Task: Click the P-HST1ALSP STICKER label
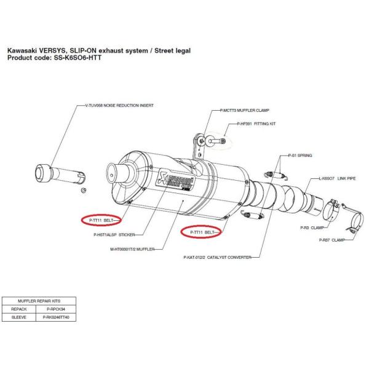click(114, 234)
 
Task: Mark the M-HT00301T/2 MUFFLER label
click(132, 249)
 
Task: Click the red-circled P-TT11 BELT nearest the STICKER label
click(102, 220)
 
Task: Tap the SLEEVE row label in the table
click(22, 318)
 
